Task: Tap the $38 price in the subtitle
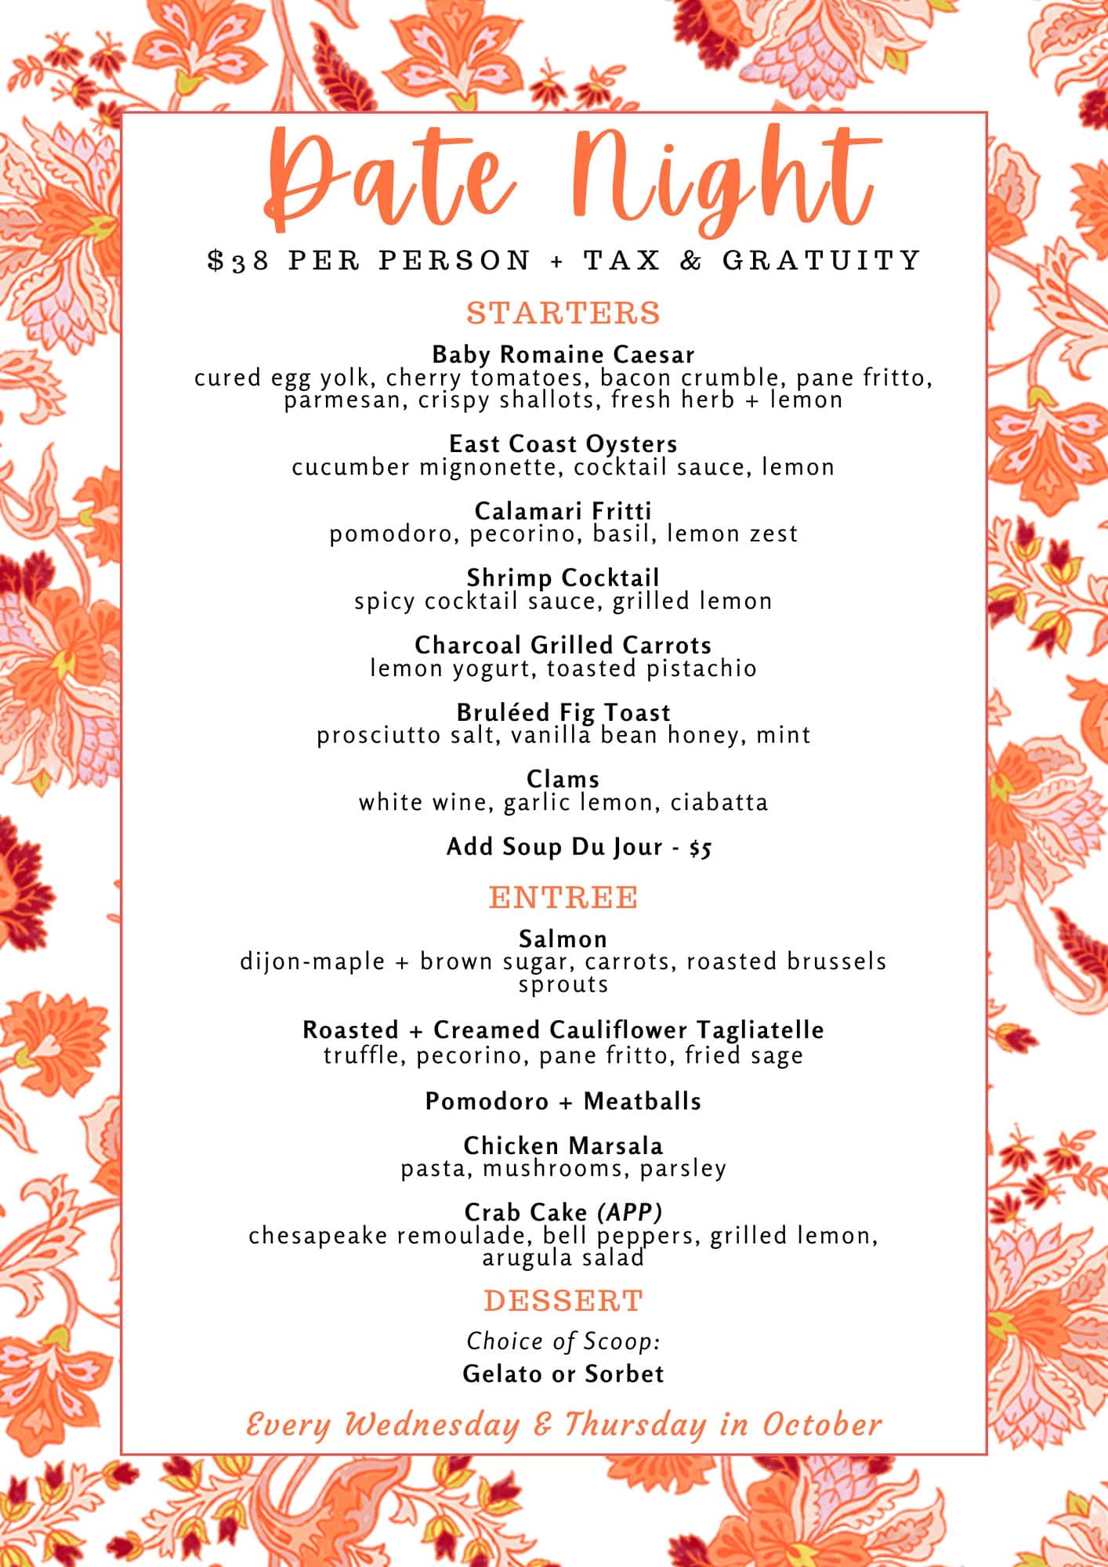tap(239, 260)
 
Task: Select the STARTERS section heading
tap(563, 313)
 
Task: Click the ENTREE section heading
tap(563, 897)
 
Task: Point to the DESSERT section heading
tap(563, 1301)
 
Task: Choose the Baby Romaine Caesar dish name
tap(563, 354)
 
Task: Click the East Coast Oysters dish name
tap(563, 443)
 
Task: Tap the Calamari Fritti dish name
tap(563, 511)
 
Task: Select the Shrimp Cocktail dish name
tap(563, 577)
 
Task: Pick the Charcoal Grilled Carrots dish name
tap(563, 645)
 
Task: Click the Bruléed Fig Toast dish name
tap(563, 712)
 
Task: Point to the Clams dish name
tap(563, 779)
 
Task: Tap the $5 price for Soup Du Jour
tap(701, 848)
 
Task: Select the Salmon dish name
tap(563, 939)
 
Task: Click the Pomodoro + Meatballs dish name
tap(563, 1101)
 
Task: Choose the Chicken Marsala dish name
tap(563, 1145)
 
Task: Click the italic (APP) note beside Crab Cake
tap(630, 1213)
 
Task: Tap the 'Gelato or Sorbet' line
tap(563, 1373)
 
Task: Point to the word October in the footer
tap(822, 1424)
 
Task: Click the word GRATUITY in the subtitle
tap(821, 260)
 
